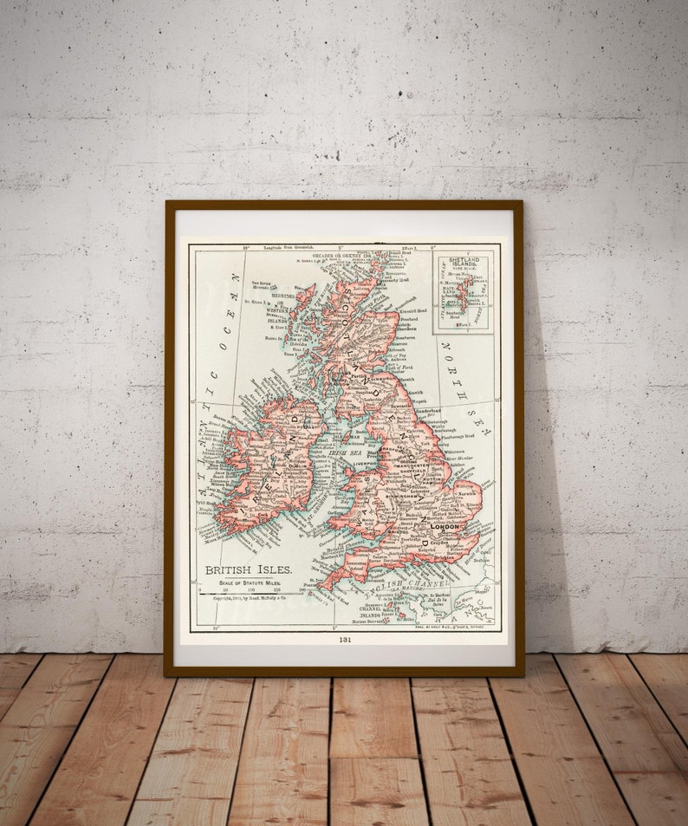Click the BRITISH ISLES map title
248,569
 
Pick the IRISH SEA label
344,452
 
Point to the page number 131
345,640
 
